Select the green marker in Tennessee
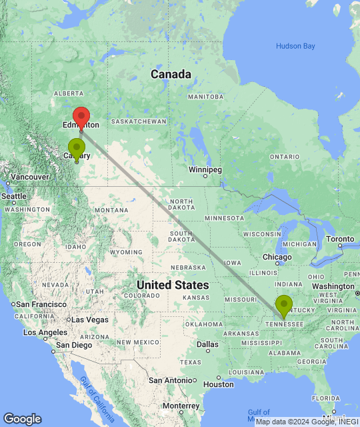click(x=284, y=306)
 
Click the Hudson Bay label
click(x=295, y=46)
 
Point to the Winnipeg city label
click(x=205, y=169)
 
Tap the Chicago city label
click(x=277, y=257)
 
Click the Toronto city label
click(x=341, y=239)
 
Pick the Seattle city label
click(x=14, y=196)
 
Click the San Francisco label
click(x=38, y=304)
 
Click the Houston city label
click(x=219, y=384)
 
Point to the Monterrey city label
click(x=180, y=406)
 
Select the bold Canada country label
click(x=171, y=74)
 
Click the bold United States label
click(x=173, y=285)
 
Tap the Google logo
click(x=22, y=419)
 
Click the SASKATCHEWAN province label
click(x=139, y=121)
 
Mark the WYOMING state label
click(x=126, y=252)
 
